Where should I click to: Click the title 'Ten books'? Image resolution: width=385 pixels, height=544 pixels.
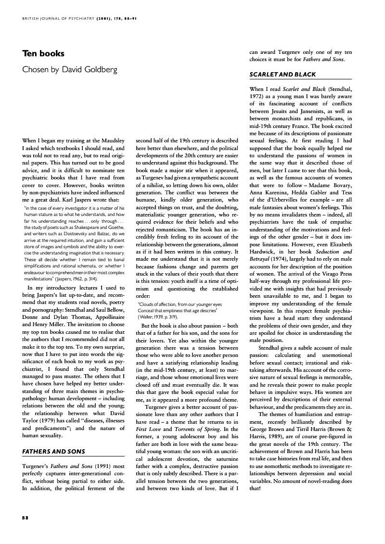(43, 53)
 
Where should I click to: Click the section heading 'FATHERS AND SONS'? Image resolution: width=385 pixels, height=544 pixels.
(54, 452)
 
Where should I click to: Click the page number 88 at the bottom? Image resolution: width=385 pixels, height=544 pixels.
(26, 518)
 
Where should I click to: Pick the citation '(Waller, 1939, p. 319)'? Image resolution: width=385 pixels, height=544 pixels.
(158, 316)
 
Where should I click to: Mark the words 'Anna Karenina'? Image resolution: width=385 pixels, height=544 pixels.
(269, 192)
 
